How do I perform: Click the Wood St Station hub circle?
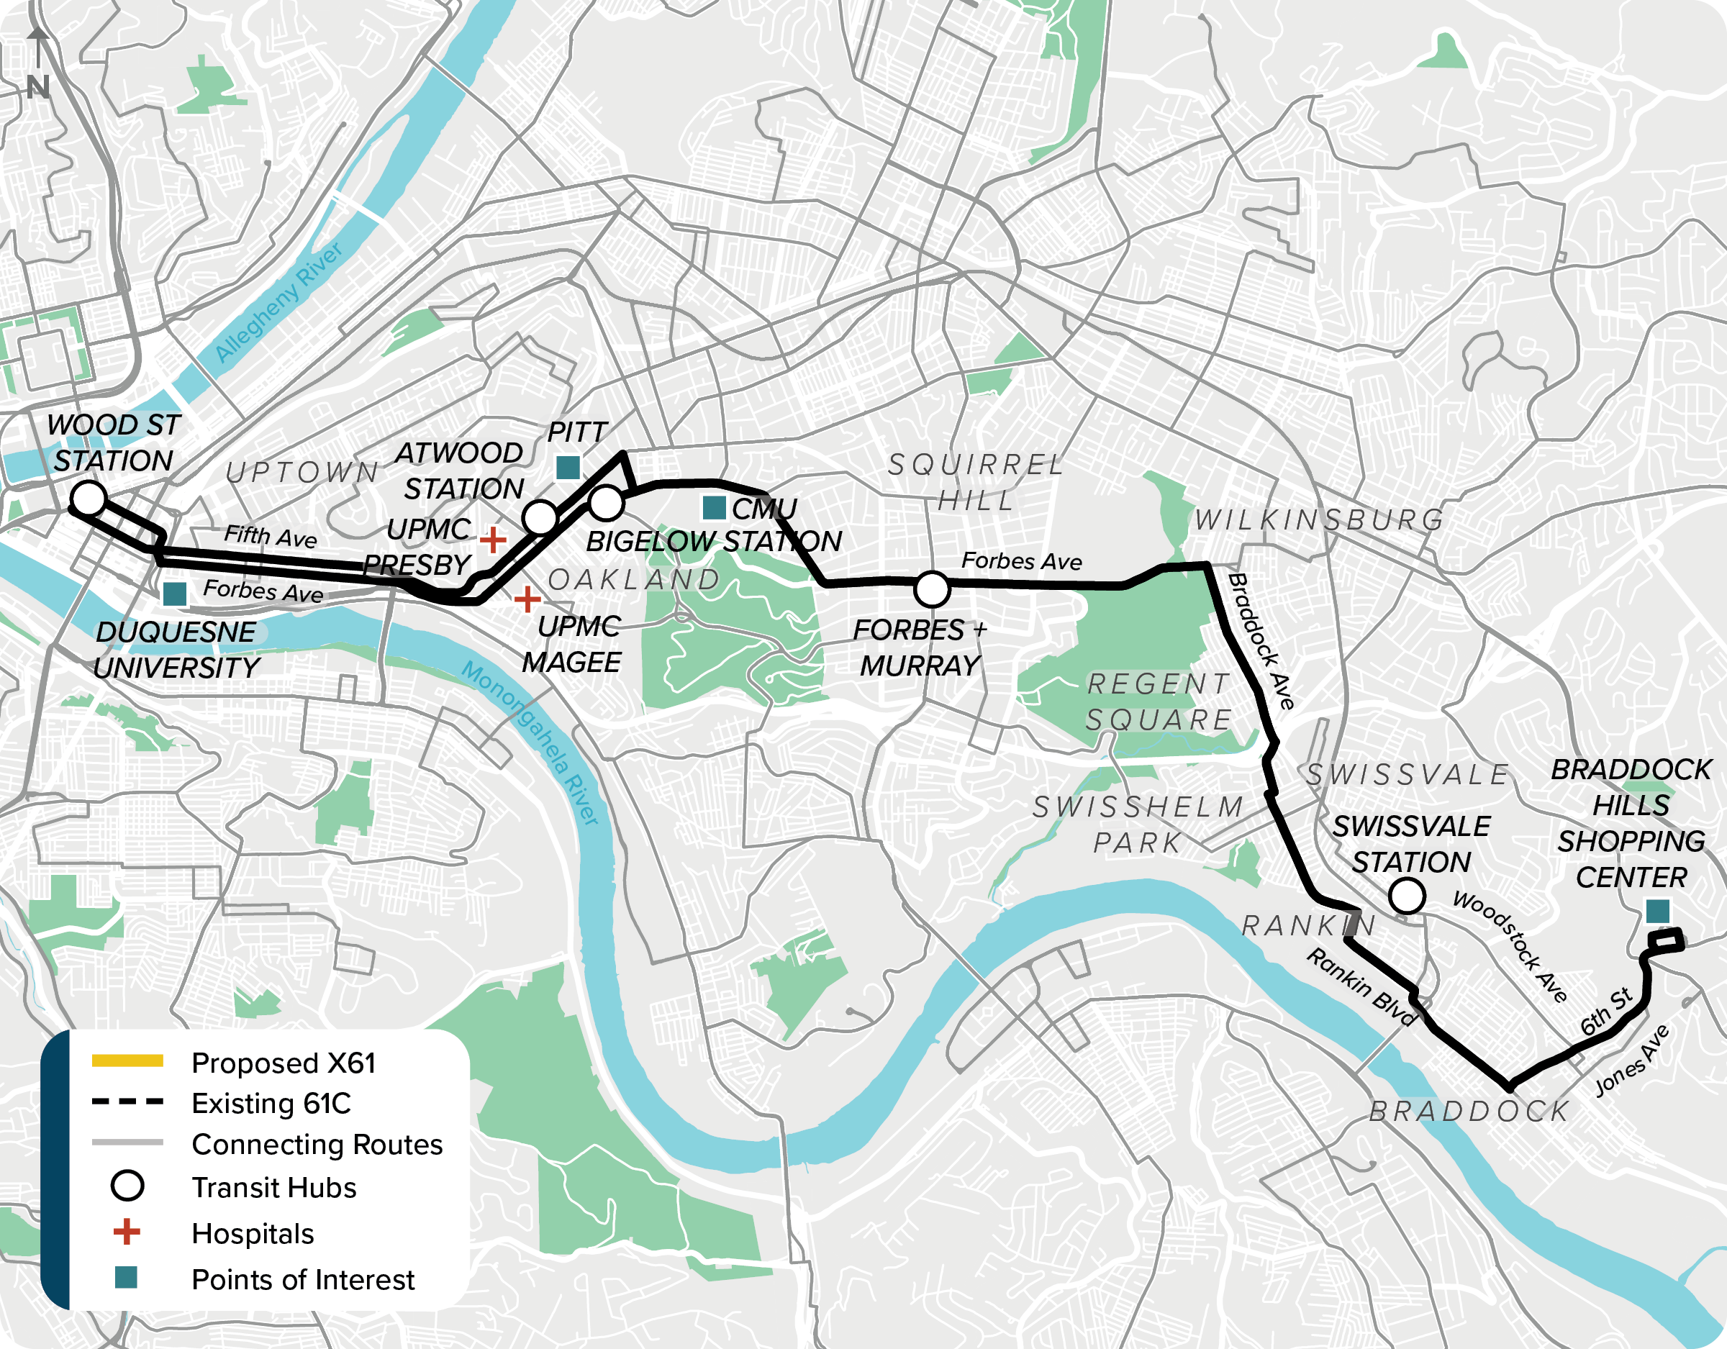point(89,498)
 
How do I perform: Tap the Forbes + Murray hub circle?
point(932,589)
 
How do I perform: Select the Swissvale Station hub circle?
point(1407,896)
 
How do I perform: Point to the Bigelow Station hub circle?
point(607,502)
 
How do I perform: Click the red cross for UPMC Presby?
point(494,540)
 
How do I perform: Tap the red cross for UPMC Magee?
point(527,599)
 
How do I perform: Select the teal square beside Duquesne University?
point(175,594)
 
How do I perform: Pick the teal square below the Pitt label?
point(568,468)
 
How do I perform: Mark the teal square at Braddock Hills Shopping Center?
point(1657,911)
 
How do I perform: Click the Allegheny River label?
point(278,302)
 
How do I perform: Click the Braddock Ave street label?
point(1261,641)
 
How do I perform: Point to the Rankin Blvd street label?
point(1360,988)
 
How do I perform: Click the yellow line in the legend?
point(127,1061)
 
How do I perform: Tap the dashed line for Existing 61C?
point(127,1102)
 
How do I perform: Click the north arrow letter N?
point(38,87)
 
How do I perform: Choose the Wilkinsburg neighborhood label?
point(1319,519)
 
